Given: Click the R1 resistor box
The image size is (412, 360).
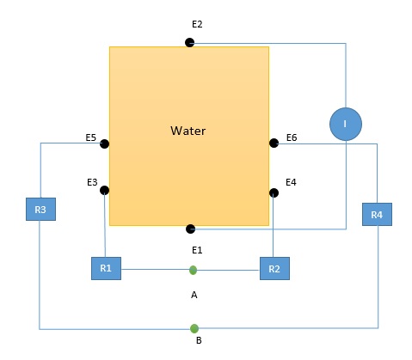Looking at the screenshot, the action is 106,268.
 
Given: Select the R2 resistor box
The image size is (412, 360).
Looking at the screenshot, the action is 274,268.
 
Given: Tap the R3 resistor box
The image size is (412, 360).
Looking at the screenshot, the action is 40,209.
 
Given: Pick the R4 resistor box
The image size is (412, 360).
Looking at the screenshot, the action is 377,215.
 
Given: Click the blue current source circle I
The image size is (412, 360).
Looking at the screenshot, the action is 346,124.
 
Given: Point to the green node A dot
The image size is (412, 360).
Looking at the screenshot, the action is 194,270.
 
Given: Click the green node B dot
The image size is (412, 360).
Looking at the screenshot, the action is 194,328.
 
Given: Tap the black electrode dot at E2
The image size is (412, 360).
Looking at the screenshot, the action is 190,43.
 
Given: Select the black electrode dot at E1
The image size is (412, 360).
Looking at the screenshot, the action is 191,229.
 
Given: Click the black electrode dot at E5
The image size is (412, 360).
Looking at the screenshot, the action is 104,143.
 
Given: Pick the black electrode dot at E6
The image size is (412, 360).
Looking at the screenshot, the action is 274,143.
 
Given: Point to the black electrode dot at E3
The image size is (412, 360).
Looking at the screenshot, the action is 104,190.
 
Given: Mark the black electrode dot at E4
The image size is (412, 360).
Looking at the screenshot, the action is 274,192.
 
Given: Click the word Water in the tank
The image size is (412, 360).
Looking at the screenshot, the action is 188,131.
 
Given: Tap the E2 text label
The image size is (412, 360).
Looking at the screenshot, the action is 197,24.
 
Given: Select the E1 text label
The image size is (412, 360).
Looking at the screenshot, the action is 197,250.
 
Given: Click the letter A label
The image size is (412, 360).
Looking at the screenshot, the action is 194,295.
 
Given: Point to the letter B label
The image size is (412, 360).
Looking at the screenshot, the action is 199,340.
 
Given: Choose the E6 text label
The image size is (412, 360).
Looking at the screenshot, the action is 292,137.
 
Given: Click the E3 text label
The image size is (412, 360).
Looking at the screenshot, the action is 92,182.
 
